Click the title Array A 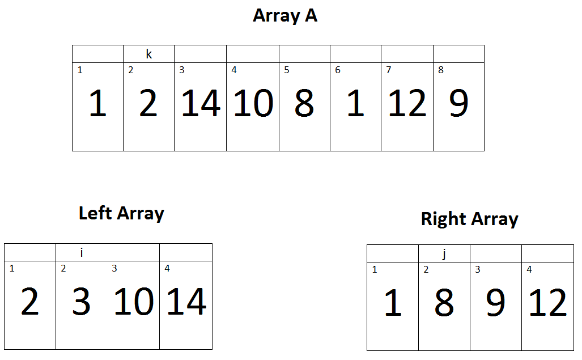pos(285,15)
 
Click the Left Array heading pos(121,213)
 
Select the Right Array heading pos(470,219)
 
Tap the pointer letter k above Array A pos(149,54)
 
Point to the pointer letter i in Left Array pos(82,252)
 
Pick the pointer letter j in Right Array pos(444,254)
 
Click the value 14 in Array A pos(201,103)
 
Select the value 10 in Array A pos(253,103)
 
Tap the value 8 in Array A pos(304,103)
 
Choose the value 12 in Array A pos(407,103)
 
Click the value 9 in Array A pos(459,103)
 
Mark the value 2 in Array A pos(148,103)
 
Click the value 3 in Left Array pos(81,302)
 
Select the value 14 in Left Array pos(186,302)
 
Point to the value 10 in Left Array pos(134,302)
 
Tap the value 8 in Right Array pos(444,303)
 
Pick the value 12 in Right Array pos(548,303)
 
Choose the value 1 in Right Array pos(393,303)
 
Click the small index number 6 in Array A pos(338,70)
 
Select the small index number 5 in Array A pos(287,70)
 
